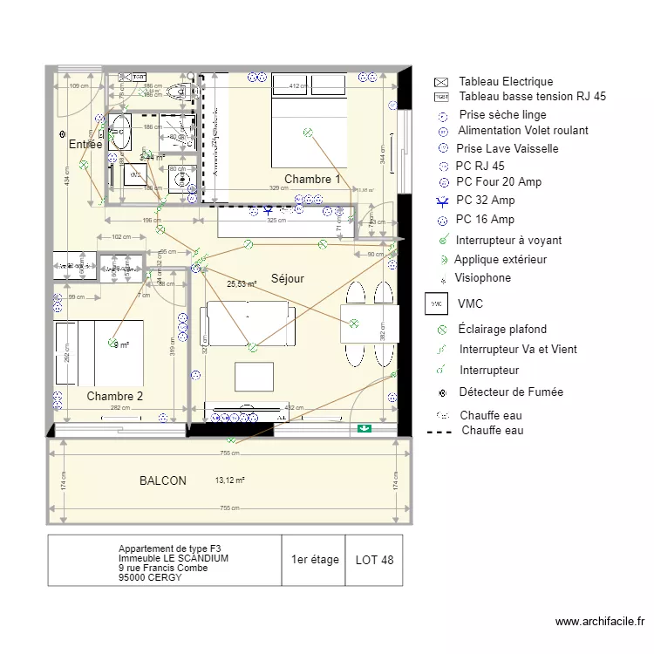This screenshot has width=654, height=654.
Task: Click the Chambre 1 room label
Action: (312, 179)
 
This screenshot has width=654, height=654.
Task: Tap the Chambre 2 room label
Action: (114, 396)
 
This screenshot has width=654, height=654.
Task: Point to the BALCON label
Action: (163, 480)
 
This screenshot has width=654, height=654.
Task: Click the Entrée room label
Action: (85, 145)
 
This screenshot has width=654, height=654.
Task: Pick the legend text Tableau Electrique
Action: (506, 82)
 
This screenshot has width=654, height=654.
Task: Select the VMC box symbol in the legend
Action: (439, 304)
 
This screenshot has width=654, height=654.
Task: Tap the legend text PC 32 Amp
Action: (485, 201)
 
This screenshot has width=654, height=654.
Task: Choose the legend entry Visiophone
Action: (482, 278)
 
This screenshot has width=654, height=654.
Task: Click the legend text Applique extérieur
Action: (501, 259)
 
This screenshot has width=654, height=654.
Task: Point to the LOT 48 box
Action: (374, 560)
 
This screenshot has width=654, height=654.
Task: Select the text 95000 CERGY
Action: (151, 576)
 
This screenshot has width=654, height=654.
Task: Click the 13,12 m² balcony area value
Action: (229, 480)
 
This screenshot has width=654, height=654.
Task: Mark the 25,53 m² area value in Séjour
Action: (242, 284)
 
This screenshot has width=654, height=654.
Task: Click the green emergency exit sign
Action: (364, 428)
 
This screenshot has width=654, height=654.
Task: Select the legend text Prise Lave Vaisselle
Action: (507, 148)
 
